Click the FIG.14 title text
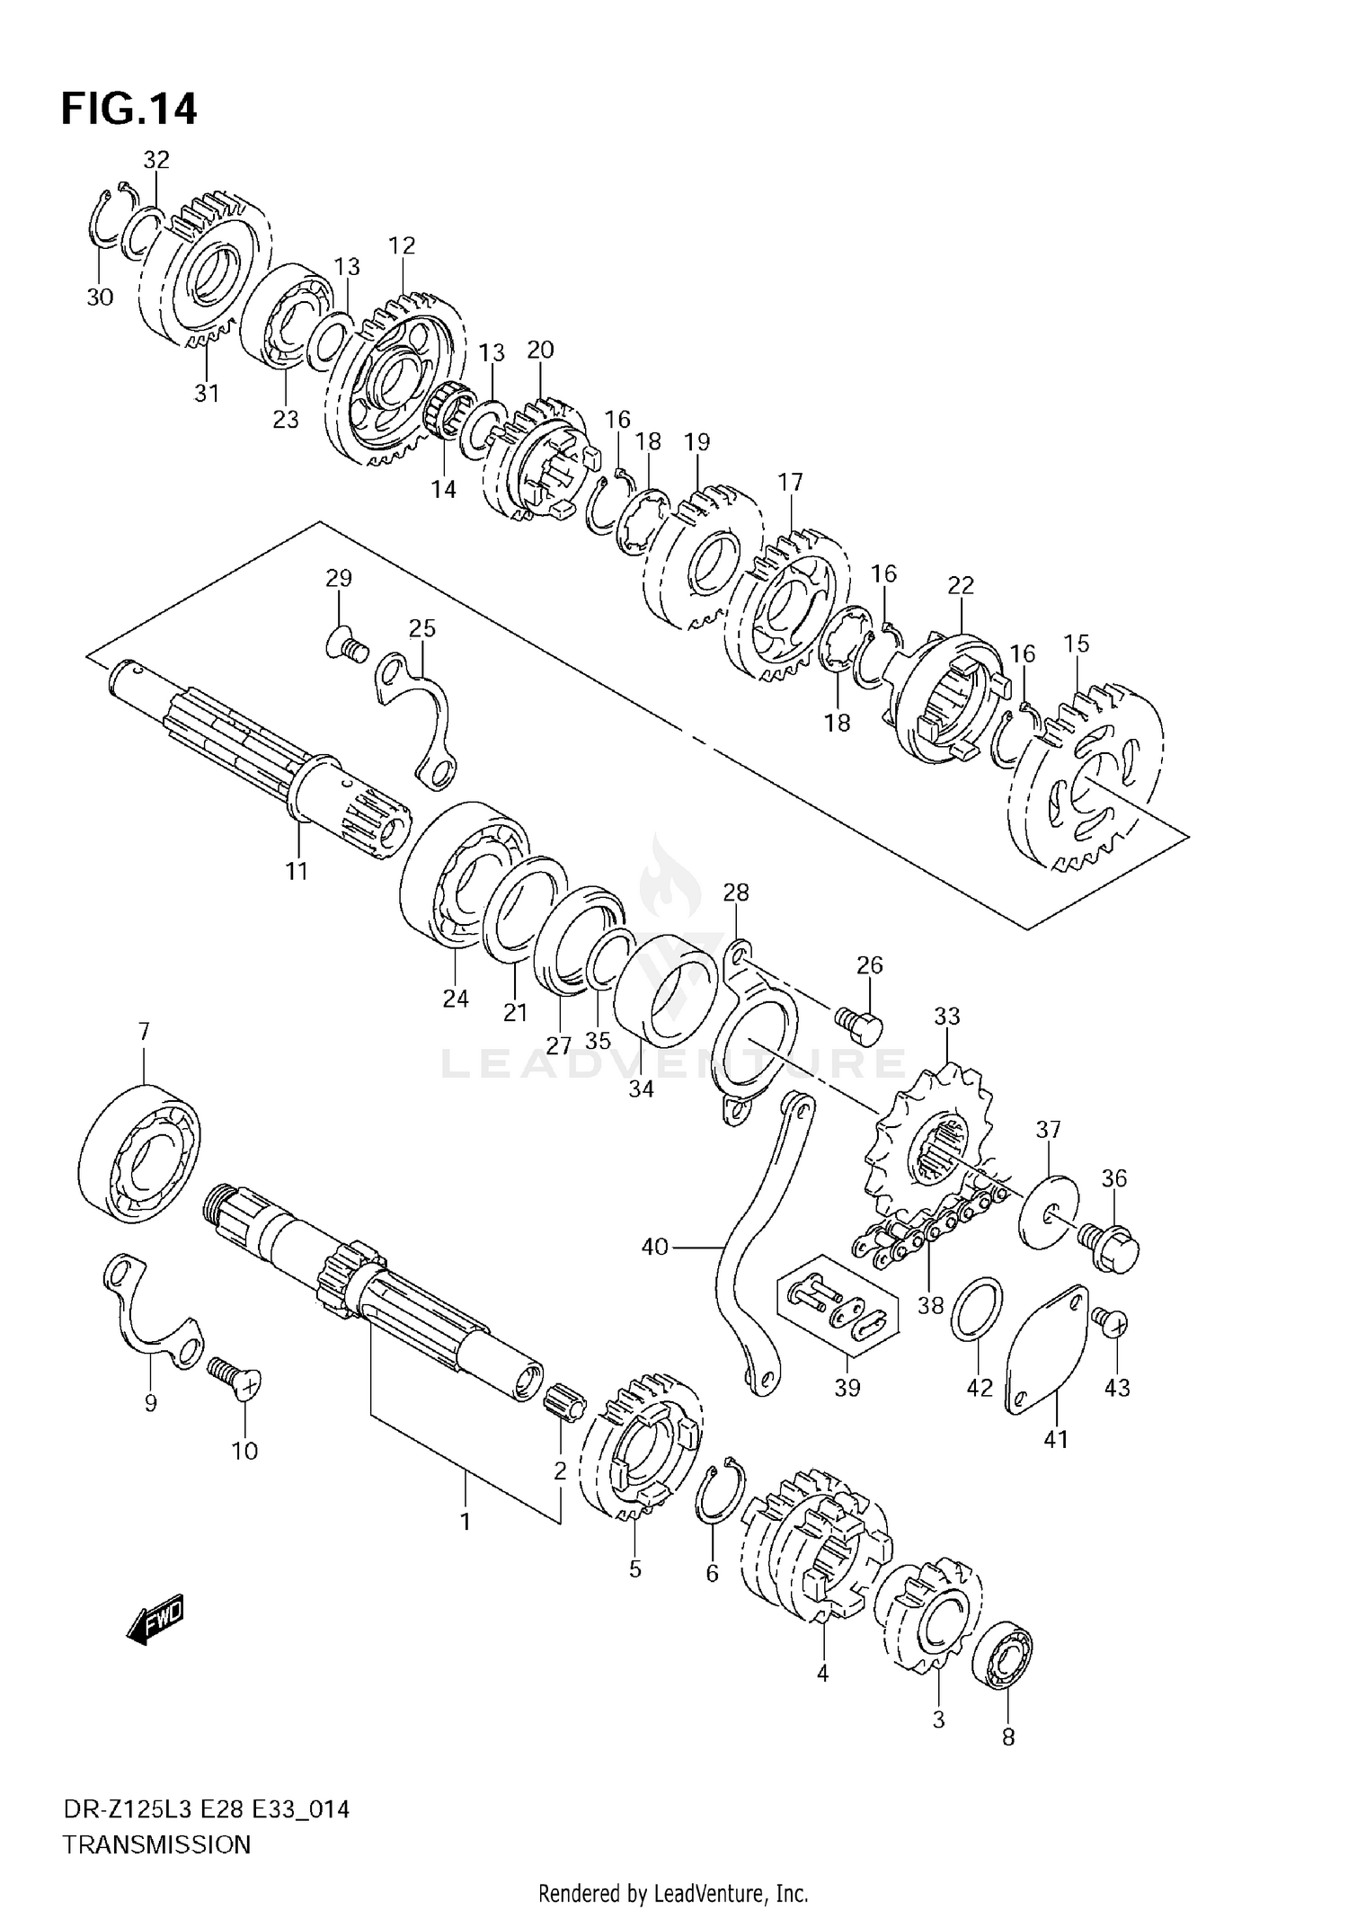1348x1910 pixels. [x=129, y=109]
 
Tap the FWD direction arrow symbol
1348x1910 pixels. [x=155, y=1622]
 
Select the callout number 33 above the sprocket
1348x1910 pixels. [x=946, y=1017]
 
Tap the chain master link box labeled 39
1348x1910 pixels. [x=836, y=1317]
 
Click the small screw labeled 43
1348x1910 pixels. [x=1111, y=1322]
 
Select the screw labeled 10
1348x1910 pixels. [x=235, y=1379]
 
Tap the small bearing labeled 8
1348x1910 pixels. [x=1002, y=1655]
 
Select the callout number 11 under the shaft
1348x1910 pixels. [x=297, y=870]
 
